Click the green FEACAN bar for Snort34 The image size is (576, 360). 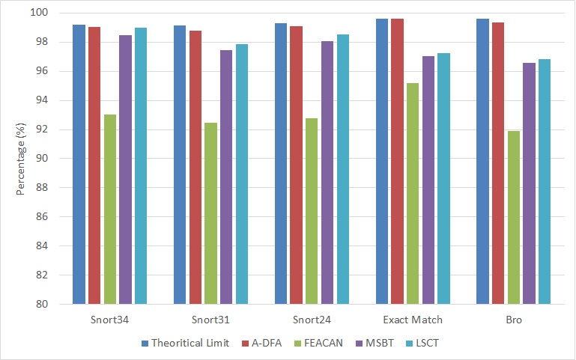(x=110, y=210)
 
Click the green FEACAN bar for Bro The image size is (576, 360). (x=513, y=218)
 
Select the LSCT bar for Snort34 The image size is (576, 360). (x=141, y=166)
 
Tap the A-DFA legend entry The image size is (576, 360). (x=266, y=343)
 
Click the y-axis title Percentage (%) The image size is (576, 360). (x=22, y=159)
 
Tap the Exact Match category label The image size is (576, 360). (x=412, y=320)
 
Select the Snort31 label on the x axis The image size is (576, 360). (x=210, y=320)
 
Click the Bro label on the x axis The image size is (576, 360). (x=513, y=320)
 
